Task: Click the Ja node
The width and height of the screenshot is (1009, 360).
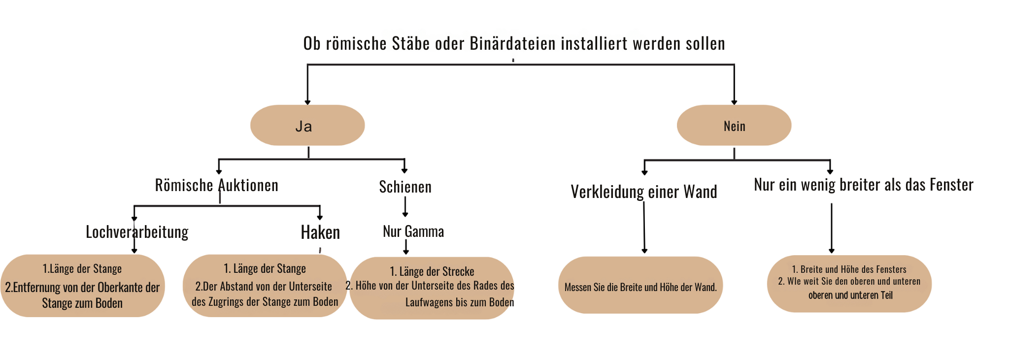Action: tap(307, 125)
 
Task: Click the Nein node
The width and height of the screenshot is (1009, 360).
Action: tap(734, 125)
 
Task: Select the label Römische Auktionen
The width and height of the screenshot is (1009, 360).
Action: tap(217, 185)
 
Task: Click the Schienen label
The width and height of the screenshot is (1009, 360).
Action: tap(405, 187)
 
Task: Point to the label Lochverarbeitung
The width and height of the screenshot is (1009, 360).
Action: tap(137, 232)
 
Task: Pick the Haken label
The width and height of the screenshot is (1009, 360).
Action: tap(320, 232)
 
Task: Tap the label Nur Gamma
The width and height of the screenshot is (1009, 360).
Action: tap(413, 231)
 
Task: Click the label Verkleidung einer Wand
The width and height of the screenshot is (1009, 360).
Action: tap(644, 192)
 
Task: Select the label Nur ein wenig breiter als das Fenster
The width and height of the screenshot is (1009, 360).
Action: tap(864, 185)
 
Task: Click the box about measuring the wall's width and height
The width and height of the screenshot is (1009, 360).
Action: tap(640, 285)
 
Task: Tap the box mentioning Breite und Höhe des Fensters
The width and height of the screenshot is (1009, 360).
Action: tap(849, 284)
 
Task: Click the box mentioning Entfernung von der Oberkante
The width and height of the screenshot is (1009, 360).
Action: tap(82, 286)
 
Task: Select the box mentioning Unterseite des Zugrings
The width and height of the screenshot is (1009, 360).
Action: tap(265, 286)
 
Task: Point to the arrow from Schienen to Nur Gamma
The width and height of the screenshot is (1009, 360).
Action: tap(405, 207)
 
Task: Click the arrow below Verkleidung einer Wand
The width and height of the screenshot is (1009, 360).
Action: tap(644, 228)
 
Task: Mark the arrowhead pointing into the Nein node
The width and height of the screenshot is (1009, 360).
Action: tap(734, 102)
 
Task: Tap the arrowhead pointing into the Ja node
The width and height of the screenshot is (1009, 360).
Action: tap(307, 102)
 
